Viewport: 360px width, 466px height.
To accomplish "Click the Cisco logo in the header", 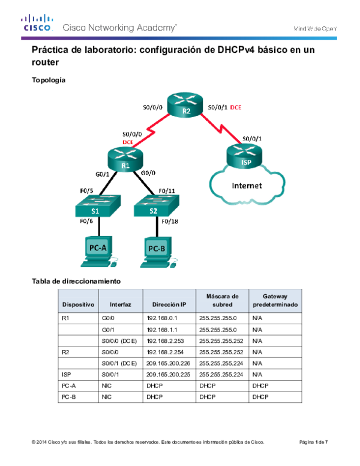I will (x=37, y=23).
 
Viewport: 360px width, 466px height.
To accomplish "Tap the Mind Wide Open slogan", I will (x=314, y=28).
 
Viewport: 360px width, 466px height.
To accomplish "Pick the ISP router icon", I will (x=244, y=156).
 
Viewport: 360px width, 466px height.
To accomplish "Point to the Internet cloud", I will (x=247, y=186).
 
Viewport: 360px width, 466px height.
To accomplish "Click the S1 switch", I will (x=96, y=207).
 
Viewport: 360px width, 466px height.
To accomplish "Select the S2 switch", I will (x=154, y=207).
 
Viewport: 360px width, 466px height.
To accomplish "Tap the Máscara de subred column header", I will (x=222, y=301).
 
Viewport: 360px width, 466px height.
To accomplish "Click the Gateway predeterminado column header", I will (x=275, y=301).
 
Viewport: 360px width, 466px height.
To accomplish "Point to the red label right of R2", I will (x=236, y=108).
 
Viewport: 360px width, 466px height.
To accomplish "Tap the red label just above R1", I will (x=127, y=142).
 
